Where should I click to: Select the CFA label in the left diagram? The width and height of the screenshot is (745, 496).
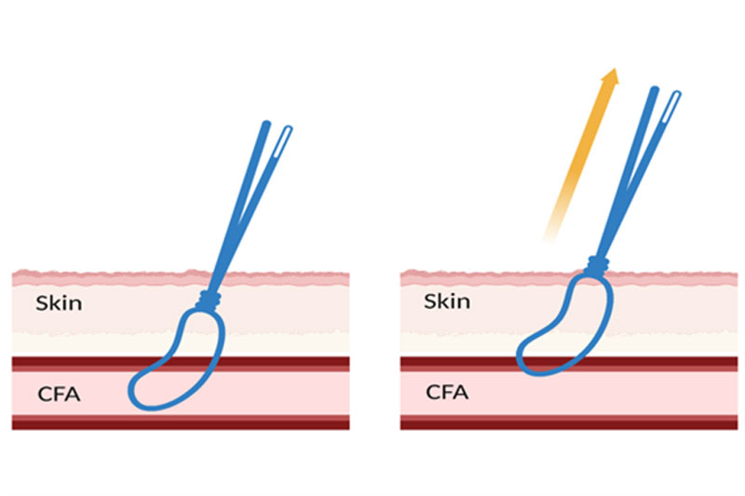point(60,394)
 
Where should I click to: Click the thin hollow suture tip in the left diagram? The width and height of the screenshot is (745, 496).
point(288,132)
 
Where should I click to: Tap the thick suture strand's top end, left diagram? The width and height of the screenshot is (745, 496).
point(265,125)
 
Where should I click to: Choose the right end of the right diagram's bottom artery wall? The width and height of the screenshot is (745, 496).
point(733,423)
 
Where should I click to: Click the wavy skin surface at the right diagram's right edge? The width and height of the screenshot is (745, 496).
point(733,276)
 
